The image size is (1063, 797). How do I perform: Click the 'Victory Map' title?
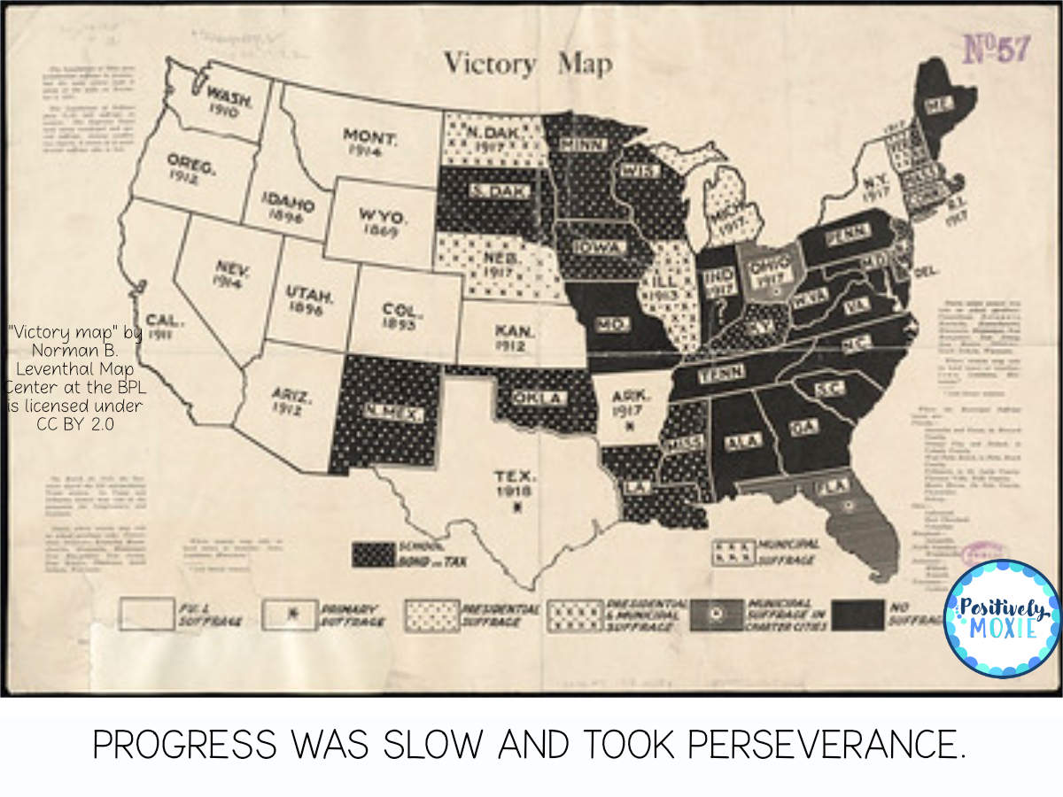tap(527, 64)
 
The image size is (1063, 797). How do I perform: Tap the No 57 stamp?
tap(996, 50)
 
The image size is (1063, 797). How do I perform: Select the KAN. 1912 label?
tap(515, 337)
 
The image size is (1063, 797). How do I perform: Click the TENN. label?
tap(720, 374)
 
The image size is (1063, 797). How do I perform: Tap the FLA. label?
tap(834, 485)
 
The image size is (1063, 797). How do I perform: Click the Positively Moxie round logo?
tap(1002, 618)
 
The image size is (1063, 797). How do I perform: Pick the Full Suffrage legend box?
tap(147, 614)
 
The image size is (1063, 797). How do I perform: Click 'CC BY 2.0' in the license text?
tap(75, 423)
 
